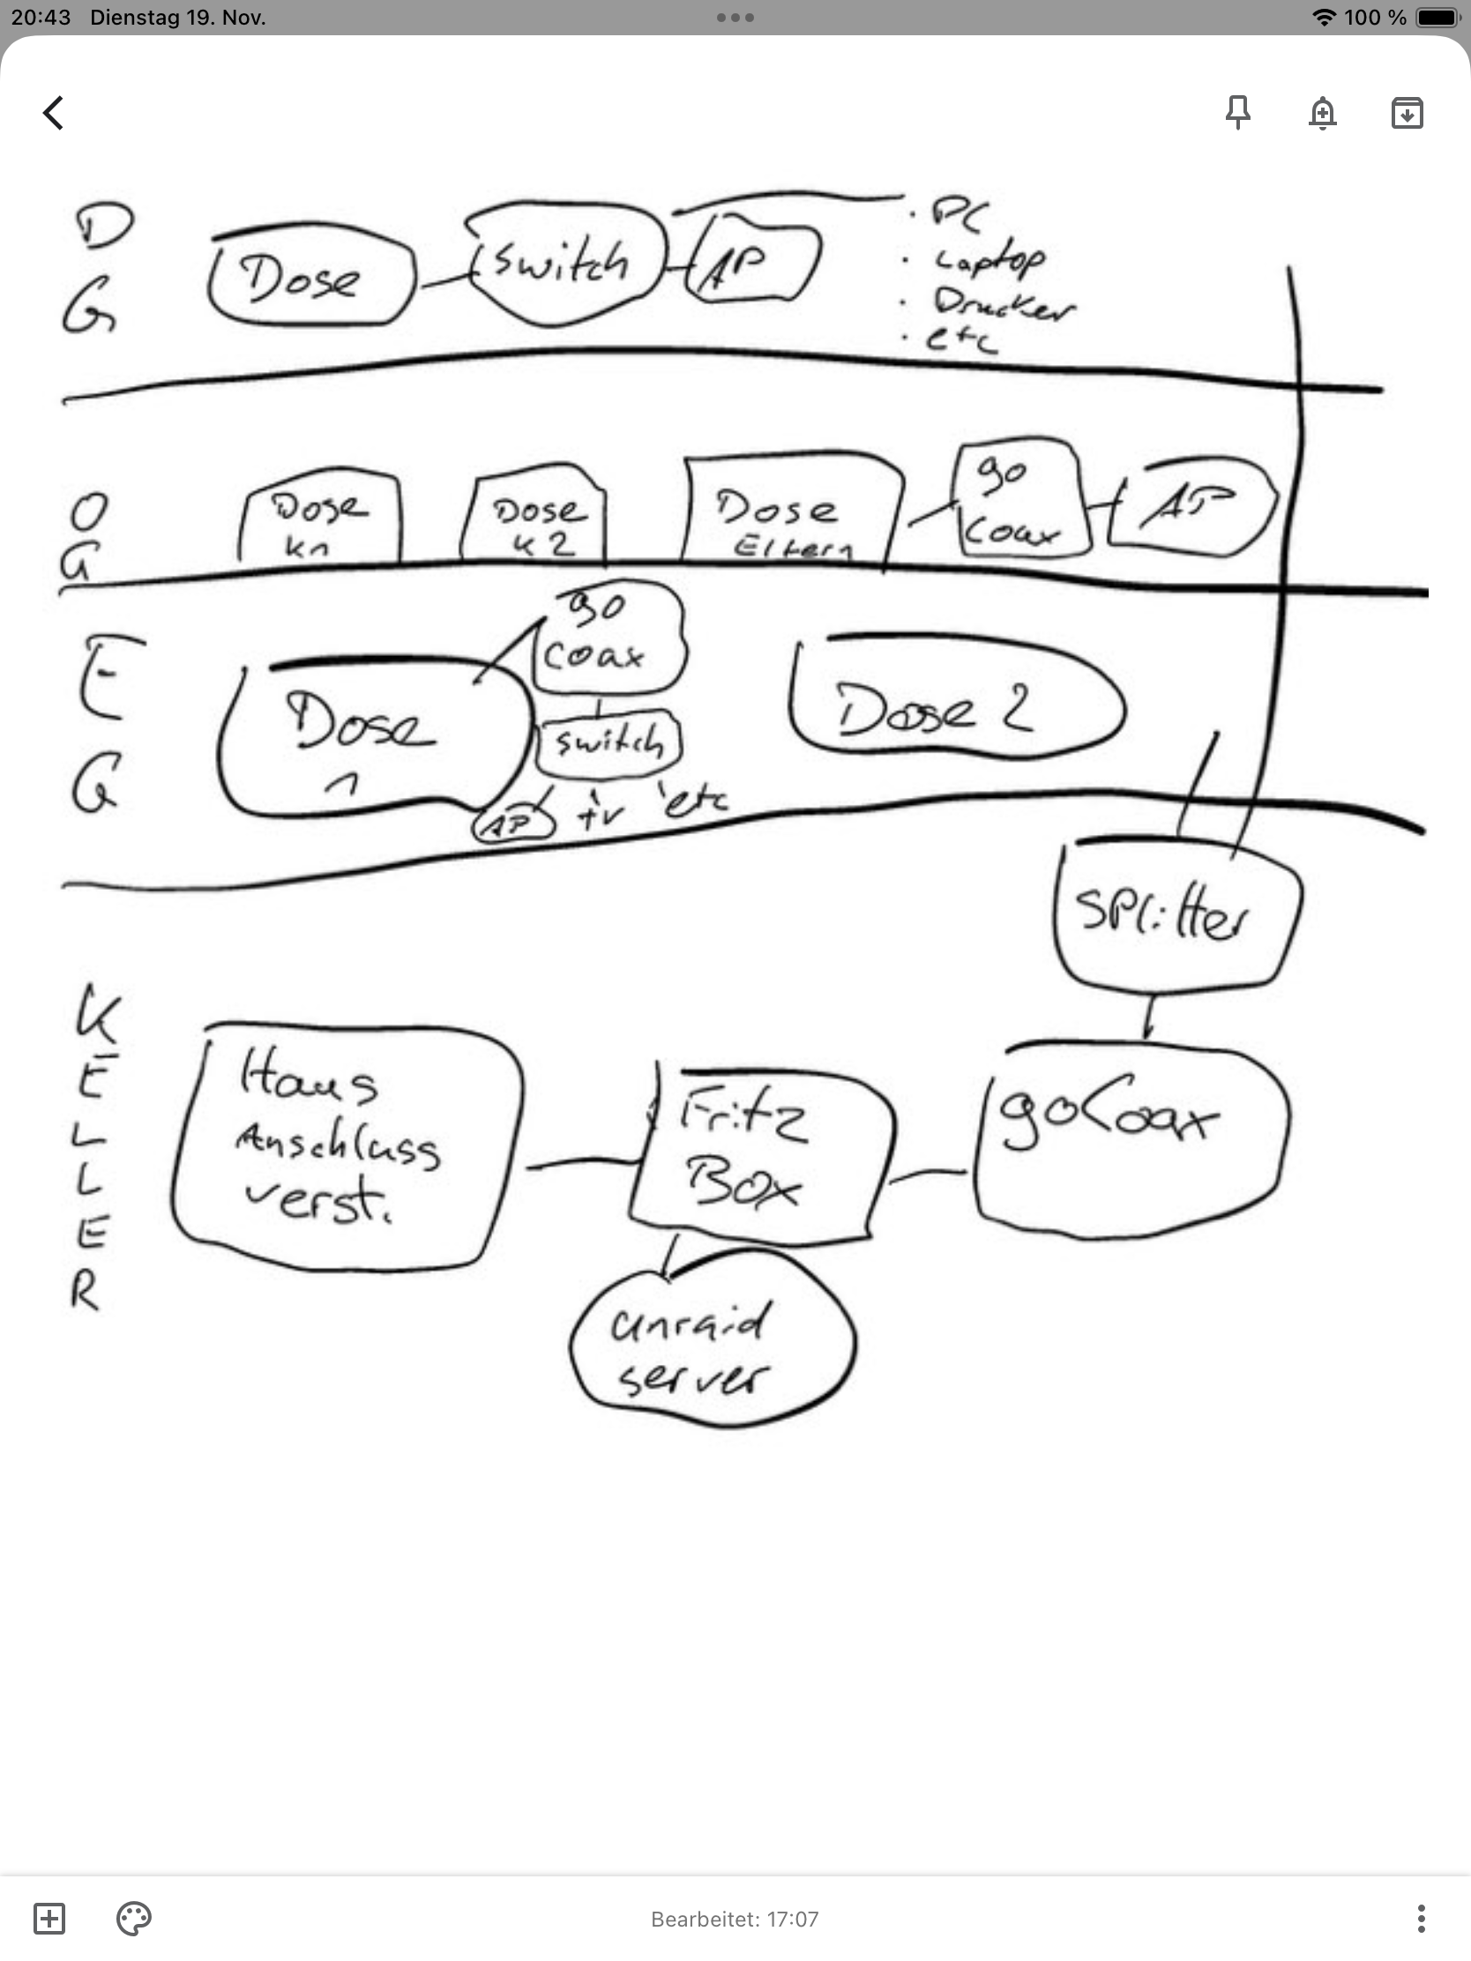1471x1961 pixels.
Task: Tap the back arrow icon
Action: pos(53,113)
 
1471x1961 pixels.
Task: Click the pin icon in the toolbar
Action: pos(1238,113)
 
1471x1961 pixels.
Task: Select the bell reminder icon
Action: pos(1322,113)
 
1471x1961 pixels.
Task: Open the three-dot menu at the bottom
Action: pos(1421,1919)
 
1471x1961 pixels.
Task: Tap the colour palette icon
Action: pos(134,1919)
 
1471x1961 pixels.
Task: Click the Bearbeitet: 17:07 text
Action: pos(734,1920)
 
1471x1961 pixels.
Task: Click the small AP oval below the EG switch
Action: pos(512,825)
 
